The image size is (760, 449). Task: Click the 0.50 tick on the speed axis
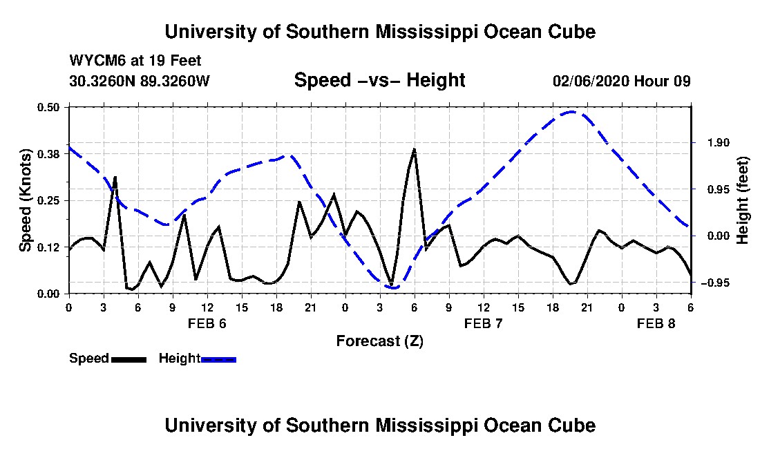click(x=48, y=107)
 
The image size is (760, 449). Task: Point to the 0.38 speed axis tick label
click(x=48, y=154)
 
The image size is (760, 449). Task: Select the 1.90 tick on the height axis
click(x=719, y=142)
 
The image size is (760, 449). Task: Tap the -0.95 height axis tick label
click(x=716, y=283)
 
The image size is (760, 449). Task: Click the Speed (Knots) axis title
click(x=25, y=200)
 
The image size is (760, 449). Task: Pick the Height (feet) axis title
click(x=742, y=200)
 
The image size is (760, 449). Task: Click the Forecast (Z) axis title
click(x=379, y=341)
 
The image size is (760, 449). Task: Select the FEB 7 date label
click(x=483, y=323)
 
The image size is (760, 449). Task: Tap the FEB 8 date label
click(x=656, y=323)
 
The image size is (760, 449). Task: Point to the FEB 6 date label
click(x=207, y=323)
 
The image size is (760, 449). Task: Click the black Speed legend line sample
click(x=129, y=359)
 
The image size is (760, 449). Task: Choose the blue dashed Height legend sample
click(x=218, y=359)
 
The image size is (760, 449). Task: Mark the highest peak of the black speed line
click(x=415, y=149)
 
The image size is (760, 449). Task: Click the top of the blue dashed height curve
click(x=572, y=112)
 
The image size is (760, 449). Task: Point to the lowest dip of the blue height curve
click(x=392, y=288)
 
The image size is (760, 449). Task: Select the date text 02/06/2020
click(x=591, y=81)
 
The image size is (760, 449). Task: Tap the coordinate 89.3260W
click(x=175, y=81)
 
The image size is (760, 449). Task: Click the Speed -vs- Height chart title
click(x=379, y=80)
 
